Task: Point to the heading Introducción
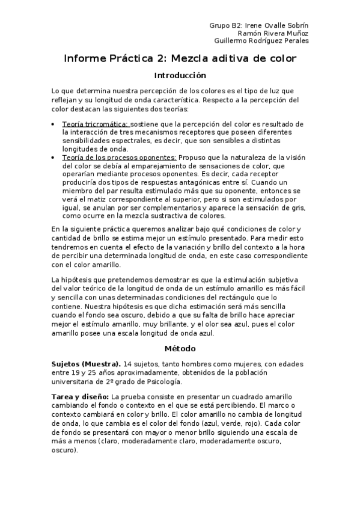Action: point(180,76)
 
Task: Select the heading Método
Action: point(180,348)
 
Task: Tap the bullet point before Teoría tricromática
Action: point(54,124)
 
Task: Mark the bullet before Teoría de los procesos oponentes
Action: point(54,157)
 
